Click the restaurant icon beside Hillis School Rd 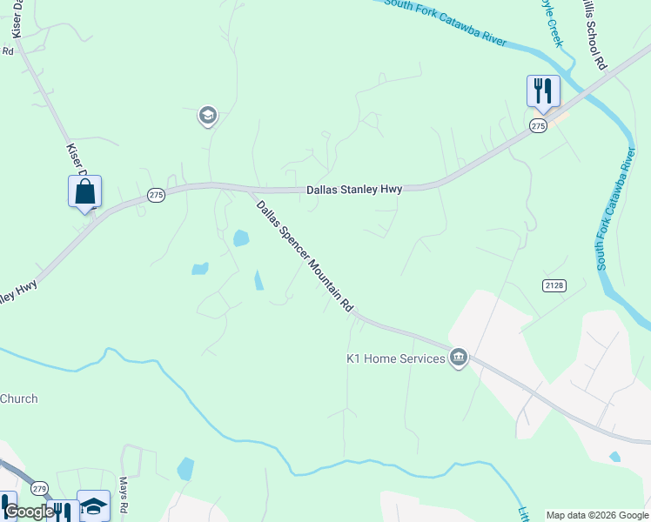(542, 90)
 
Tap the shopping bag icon (84, 191)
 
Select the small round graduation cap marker (207, 116)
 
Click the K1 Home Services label (396, 358)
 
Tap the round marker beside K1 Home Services (459, 358)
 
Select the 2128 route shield (554, 285)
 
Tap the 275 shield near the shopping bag (156, 196)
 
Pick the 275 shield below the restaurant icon (538, 126)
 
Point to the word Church (19, 399)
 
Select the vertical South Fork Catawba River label (614, 209)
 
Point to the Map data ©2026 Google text (597, 515)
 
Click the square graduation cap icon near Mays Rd (93, 505)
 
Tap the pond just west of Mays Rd (185, 469)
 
